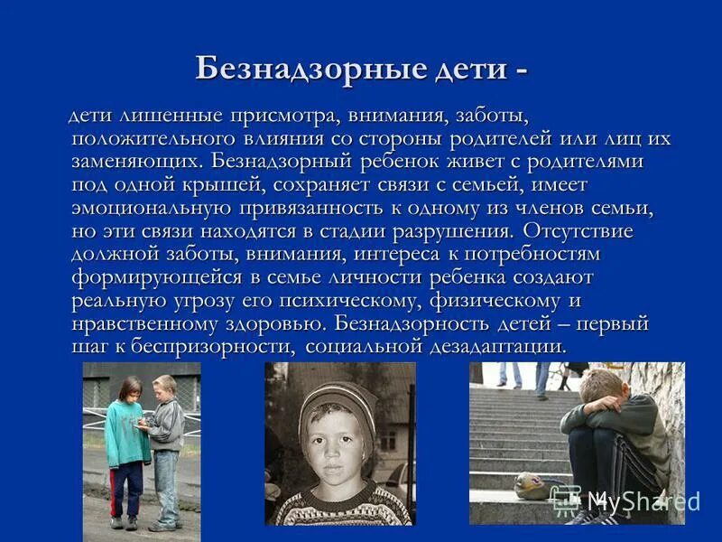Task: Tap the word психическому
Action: click(x=388, y=300)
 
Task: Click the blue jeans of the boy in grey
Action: click(x=166, y=483)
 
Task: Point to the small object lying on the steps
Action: click(x=528, y=485)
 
